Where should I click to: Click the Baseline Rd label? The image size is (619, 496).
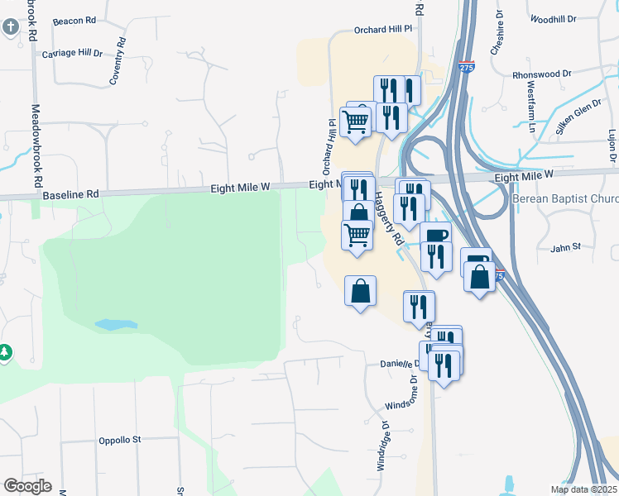click(x=70, y=194)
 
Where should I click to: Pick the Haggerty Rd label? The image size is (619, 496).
click(x=386, y=217)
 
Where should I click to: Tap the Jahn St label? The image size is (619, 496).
click(x=566, y=246)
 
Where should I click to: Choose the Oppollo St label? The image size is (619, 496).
click(x=120, y=440)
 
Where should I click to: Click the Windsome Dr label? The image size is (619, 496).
click(x=405, y=399)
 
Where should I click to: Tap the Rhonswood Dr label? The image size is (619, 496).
click(x=542, y=74)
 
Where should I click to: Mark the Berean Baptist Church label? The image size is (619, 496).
click(x=566, y=199)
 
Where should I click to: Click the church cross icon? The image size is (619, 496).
click(x=10, y=27)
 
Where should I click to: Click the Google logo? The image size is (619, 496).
click(x=27, y=486)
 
